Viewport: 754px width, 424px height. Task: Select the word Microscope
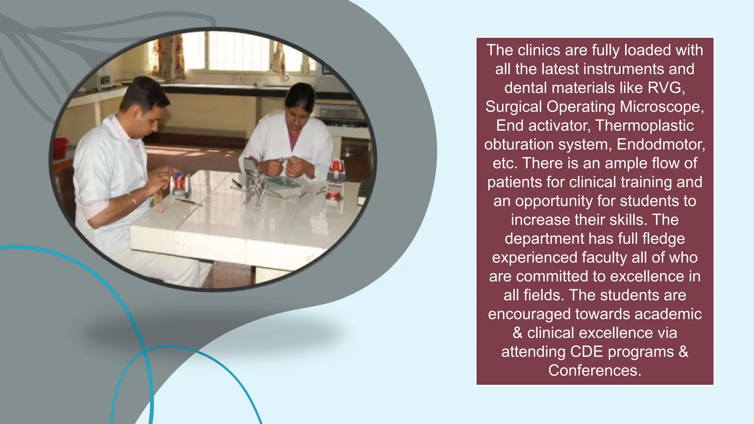[662, 107]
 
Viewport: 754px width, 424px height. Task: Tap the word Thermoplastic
[644, 126]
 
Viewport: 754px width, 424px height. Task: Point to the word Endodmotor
[660, 144]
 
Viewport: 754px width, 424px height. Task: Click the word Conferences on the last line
[594, 370]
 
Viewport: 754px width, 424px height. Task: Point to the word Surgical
[514, 107]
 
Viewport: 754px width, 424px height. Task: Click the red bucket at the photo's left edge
[61, 148]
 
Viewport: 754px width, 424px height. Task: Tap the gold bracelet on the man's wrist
[133, 199]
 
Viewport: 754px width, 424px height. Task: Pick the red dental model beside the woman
[336, 173]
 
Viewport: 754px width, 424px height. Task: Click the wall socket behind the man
[104, 79]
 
